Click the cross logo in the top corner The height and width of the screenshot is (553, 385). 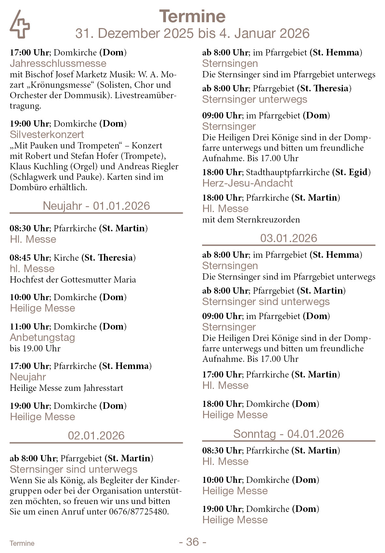pyautogui.click(x=20, y=25)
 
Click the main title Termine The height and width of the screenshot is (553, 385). pyautogui.click(x=192, y=16)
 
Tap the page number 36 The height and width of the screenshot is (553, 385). pyautogui.click(x=192, y=542)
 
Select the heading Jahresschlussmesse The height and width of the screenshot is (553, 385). pyautogui.click(x=58, y=63)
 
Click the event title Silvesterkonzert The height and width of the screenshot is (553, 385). pyautogui.click(x=47, y=134)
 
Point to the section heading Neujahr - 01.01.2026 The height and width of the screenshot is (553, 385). pyautogui.click(x=96, y=206)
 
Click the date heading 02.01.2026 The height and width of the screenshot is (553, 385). pyautogui.click(x=96, y=436)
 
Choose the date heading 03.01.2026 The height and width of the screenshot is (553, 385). pyautogui.click(x=289, y=238)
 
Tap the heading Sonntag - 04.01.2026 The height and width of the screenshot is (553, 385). pyautogui.click(x=289, y=434)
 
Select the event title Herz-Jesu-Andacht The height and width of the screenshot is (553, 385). pyautogui.click(x=247, y=183)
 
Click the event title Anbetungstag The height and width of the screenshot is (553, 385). pyautogui.click(x=42, y=337)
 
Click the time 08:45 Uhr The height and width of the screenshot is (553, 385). pyautogui.click(x=29, y=258)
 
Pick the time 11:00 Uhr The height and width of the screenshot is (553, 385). pyautogui.click(x=29, y=327)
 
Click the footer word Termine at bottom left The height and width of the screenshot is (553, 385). pyautogui.click(x=22, y=543)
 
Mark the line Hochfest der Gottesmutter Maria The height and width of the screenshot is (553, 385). pyautogui.click(x=73, y=280)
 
